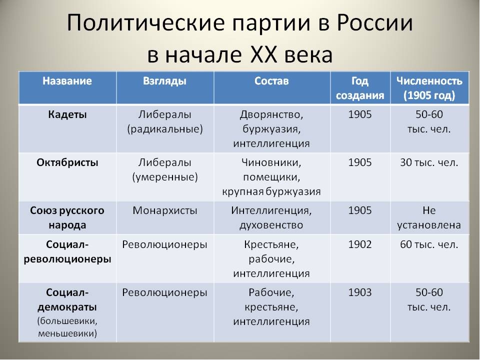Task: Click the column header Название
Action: (67, 81)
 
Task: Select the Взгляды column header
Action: (164, 81)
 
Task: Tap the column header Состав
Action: (271, 81)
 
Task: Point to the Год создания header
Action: (360, 88)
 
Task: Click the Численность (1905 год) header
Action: (429, 88)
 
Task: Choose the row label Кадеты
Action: (67, 114)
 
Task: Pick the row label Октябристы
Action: (67, 162)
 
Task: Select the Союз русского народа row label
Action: (67, 217)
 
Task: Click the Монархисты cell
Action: (164, 210)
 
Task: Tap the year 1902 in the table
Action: (360, 244)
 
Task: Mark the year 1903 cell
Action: (360, 292)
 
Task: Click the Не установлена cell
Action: (429, 217)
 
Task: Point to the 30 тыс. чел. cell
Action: (429, 162)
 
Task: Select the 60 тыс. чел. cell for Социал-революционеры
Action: (429, 244)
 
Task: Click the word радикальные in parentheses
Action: (164, 129)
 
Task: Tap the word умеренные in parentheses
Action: (164, 177)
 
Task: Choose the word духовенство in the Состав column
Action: (271, 225)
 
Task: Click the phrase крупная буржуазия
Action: (271, 192)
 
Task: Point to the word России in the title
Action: (375, 23)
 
